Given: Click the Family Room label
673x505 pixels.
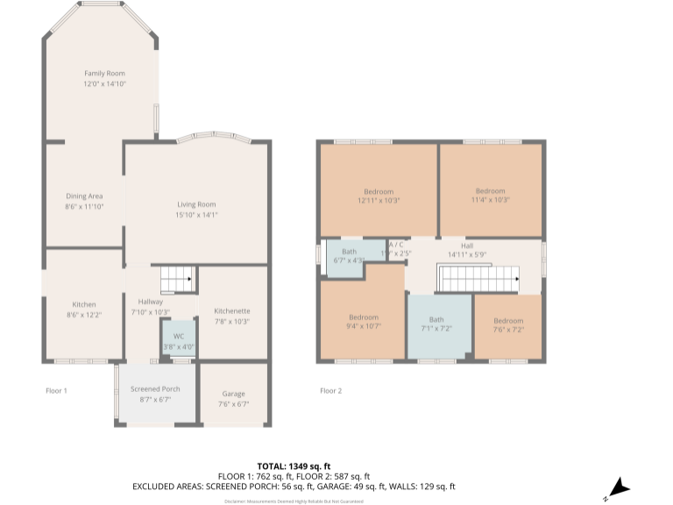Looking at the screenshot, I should pos(104,74).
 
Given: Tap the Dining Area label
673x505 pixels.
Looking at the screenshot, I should pos(84,196).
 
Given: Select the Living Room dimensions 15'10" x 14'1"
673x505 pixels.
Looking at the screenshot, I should pos(196,215).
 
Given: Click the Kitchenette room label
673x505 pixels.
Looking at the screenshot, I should pos(232,310).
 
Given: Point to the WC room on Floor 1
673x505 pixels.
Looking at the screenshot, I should pos(178,341).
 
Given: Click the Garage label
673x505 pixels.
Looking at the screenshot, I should pos(233,394).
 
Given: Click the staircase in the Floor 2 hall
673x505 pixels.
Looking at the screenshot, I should pos(477,281).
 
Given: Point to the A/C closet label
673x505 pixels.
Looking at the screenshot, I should pos(396,245).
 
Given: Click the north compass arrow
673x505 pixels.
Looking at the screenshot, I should pos(620,487).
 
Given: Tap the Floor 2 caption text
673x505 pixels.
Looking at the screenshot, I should pos(330,390).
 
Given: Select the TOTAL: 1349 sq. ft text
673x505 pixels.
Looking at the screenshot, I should pos(294,466).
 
